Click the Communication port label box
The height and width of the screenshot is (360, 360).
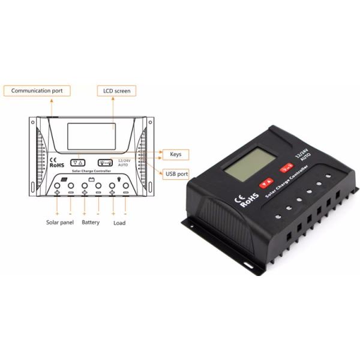[37, 91]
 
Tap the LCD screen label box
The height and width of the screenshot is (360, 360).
[116, 91]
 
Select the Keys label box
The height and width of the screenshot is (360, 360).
[176, 155]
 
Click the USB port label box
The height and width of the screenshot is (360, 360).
[176, 174]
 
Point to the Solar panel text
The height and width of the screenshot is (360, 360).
[60, 223]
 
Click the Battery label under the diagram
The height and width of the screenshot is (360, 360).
[91, 223]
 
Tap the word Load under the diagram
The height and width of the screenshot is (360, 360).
[119, 223]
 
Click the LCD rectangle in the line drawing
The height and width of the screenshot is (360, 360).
[91, 136]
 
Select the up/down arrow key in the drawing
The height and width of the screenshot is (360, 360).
[78, 163]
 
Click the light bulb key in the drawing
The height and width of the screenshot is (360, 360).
[106, 163]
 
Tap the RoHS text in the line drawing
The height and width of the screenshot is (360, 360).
[57, 165]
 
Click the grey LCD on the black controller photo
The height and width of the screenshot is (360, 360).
[250, 164]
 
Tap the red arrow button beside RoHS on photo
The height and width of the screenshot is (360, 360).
[266, 183]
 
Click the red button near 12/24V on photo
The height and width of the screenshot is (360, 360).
[287, 167]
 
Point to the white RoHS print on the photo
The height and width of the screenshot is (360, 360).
[250, 200]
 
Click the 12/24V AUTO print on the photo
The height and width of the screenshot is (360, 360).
[303, 155]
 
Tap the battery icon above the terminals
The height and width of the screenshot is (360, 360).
[92, 179]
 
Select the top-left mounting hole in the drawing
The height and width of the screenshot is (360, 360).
[33, 122]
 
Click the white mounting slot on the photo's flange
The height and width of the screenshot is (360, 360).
[248, 265]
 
